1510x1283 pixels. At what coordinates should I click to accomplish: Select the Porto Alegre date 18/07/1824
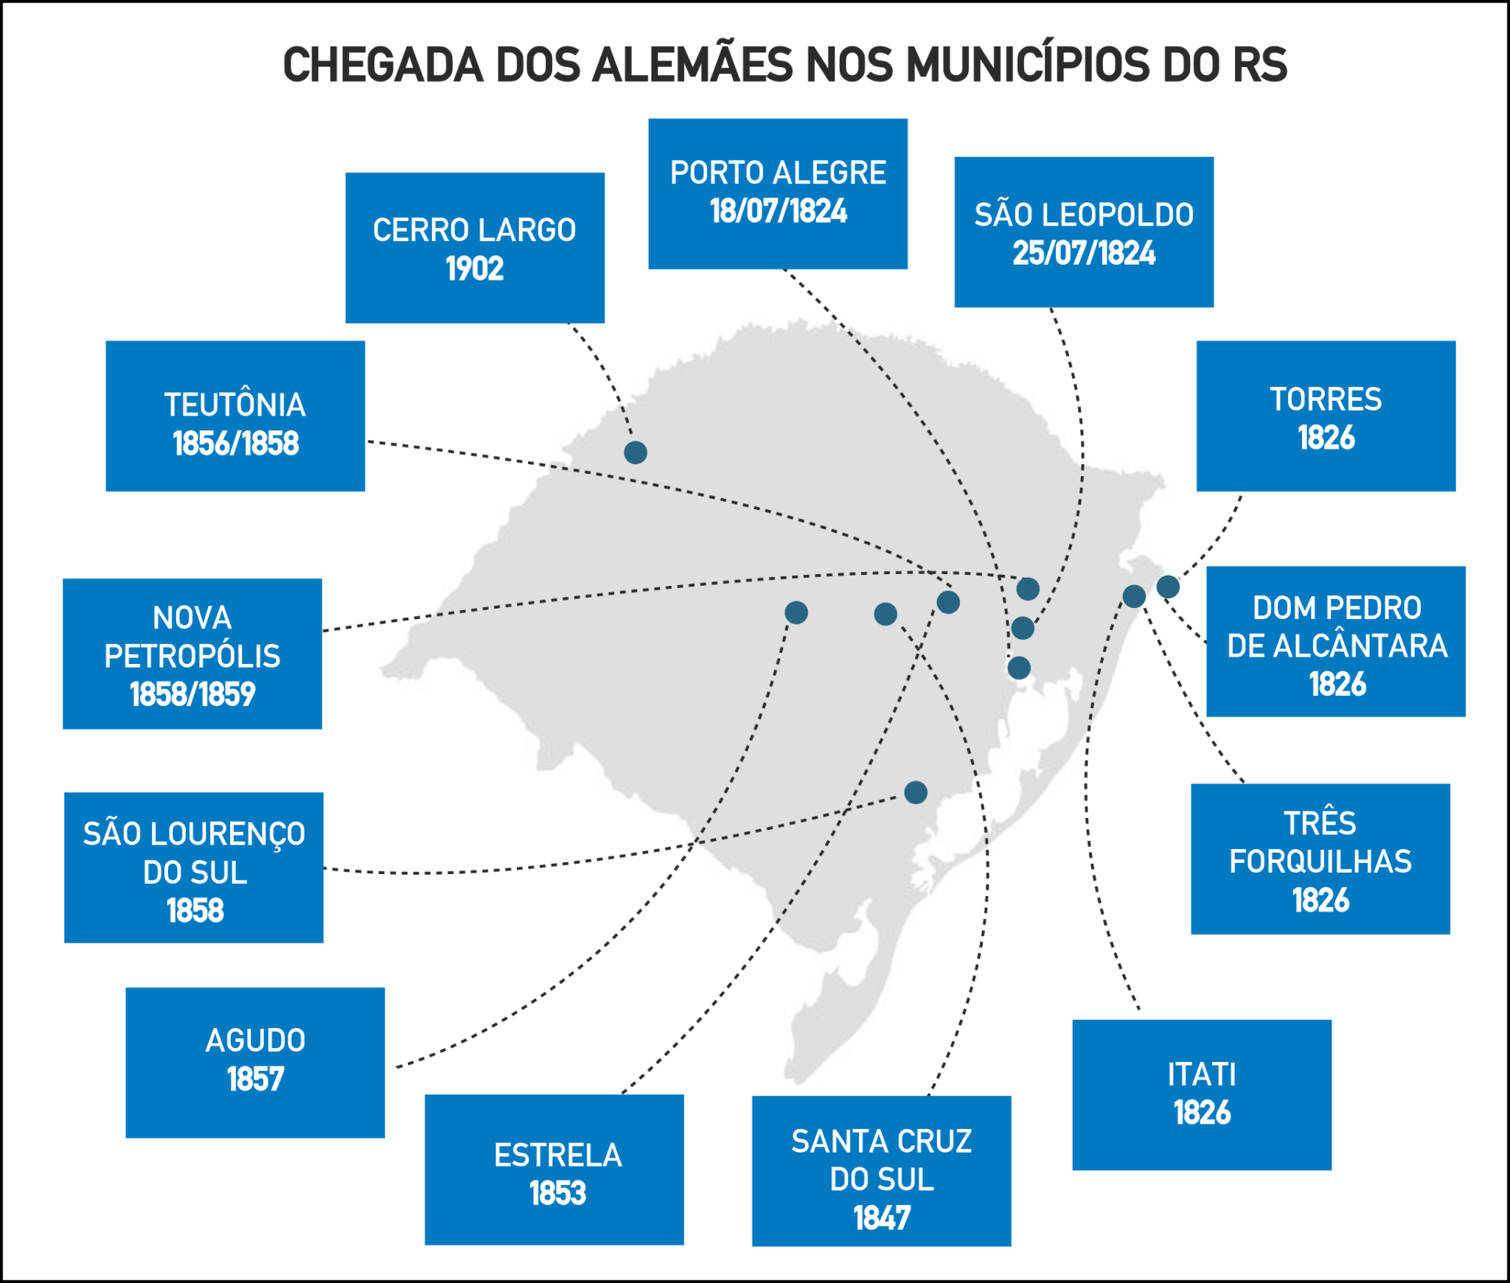pos(778,211)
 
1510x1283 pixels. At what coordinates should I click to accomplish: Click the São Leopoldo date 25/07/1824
pos(1083,254)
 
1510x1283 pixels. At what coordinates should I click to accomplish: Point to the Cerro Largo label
pos(474,230)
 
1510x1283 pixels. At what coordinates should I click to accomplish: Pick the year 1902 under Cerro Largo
pos(474,269)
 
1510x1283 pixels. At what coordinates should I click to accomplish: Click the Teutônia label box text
pos(234,405)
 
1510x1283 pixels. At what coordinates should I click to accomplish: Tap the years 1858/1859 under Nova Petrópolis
pos(192,694)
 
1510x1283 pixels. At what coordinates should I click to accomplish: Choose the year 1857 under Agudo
pos(255,1080)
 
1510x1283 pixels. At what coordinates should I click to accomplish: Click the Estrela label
pos(557,1155)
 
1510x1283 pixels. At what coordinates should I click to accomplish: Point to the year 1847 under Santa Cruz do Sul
pos(882,1218)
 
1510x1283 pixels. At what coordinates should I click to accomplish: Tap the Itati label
pos(1201,1074)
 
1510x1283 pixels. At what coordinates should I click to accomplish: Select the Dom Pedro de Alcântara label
pos(1337,627)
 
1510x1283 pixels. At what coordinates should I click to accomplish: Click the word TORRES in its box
pos(1326,399)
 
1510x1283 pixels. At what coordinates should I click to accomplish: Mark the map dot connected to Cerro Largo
pos(636,452)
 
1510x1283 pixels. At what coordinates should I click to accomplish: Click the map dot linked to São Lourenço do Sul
pos(916,793)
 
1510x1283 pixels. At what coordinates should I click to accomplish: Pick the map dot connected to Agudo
pos(796,612)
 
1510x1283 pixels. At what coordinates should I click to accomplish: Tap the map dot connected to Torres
pos(1168,587)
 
